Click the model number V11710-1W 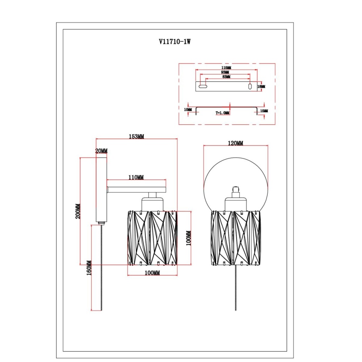[x=174, y=42]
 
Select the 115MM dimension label [x=227, y=67]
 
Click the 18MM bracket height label [x=261, y=87]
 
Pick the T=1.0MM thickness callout [x=223, y=113]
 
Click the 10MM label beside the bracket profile [x=188, y=109]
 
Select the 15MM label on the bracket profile [x=264, y=110]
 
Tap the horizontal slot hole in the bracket [x=203, y=87]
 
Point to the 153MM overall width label [x=136, y=136]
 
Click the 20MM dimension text [x=101, y=151]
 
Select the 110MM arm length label [x=136, y=177]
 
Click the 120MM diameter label [x=235, y=143]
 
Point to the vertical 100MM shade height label [x=188, y=238]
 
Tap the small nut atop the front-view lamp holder [x=236, y=189]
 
